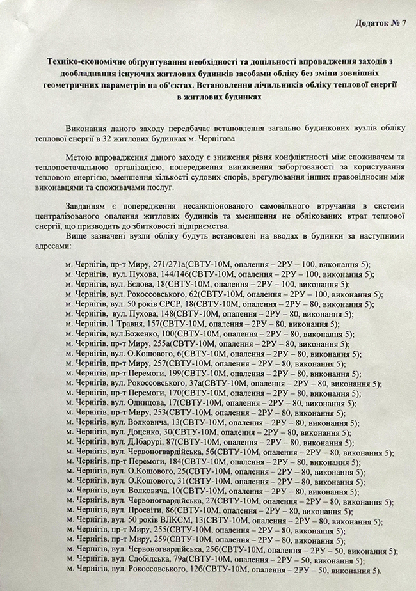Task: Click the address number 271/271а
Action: pyautogui.click(x=169, y=264)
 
